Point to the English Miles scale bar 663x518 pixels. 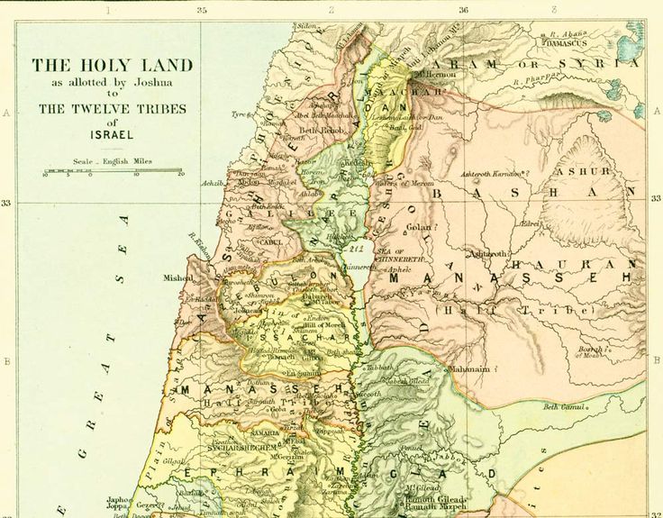pyautogui.click(x=113, y=171)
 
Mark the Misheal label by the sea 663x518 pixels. pyautogui.click(x=177, y=279)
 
